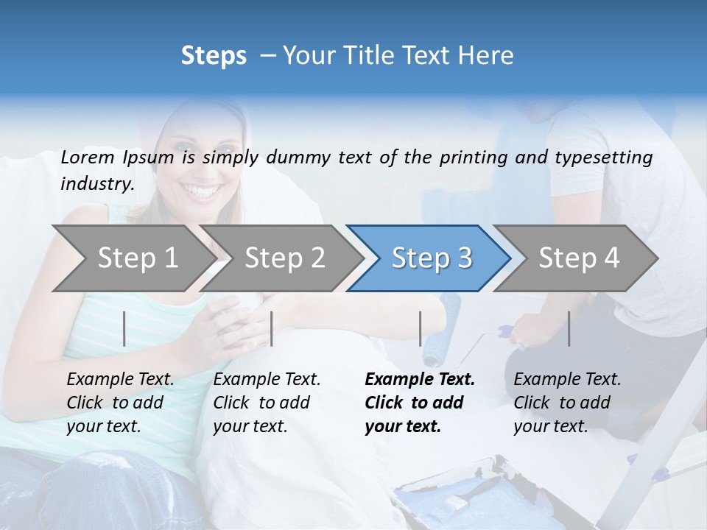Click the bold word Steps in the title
[x=214, y=56]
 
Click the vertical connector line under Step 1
[x=124, y=328]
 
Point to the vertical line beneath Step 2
[x=272, y=328]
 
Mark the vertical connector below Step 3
[x=421, y=328]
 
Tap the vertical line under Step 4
[x=569, y=328]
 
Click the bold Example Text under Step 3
[x=420, y=380]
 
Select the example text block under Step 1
[x=120, y=403]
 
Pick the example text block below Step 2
[x=267, y=403]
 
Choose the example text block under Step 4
[x=567, y=403]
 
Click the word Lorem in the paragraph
[x=87, y=158]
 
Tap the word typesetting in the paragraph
[x=603, y=158]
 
